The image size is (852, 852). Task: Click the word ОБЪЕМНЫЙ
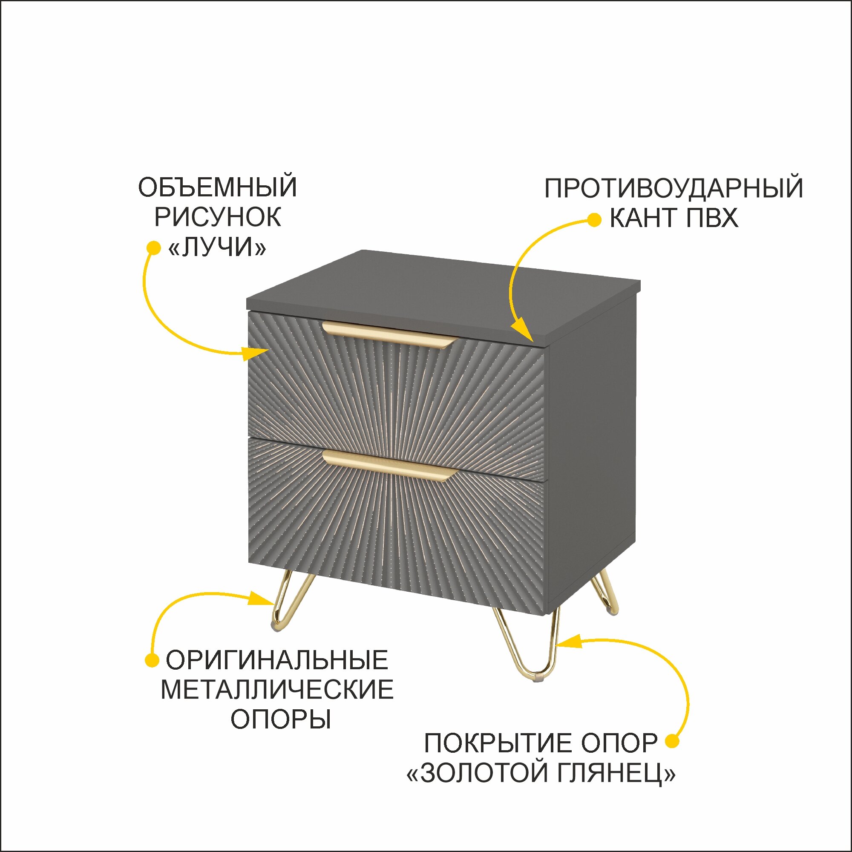pos(217,187)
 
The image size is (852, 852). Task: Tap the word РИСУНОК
pos(217,217)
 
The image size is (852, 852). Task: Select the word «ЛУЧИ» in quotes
pos(217,248)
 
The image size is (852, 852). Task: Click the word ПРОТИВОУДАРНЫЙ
pos(674,188)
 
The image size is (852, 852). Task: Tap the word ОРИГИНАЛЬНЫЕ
pos(276,660)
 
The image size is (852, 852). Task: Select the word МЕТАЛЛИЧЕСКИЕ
pos(276,690)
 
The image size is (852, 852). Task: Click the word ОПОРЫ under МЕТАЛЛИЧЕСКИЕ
pos(280,720)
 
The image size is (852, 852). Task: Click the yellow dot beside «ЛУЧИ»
pos(153,248)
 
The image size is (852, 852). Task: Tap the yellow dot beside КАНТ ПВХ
pos(594,220)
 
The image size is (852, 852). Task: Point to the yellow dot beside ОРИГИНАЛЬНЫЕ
pos(152,660)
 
